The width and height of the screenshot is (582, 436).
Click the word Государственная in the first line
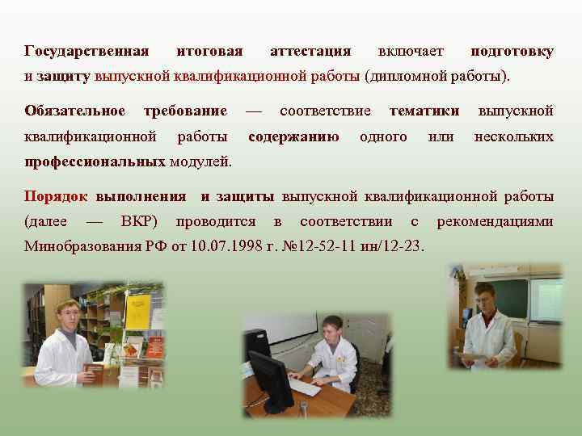tap(86, 52)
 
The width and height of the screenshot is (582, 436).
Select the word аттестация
tap(310, 52)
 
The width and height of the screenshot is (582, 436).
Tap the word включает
tap(411, 52)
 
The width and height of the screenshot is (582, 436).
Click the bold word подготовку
tap(512, 52)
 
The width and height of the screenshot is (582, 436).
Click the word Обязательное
tap(75, 110)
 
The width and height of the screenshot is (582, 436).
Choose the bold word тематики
tap(424, 110)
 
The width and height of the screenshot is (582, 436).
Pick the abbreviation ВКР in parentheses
tap(138, 221)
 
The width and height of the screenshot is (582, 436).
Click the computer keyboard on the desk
tap(306, 387)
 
